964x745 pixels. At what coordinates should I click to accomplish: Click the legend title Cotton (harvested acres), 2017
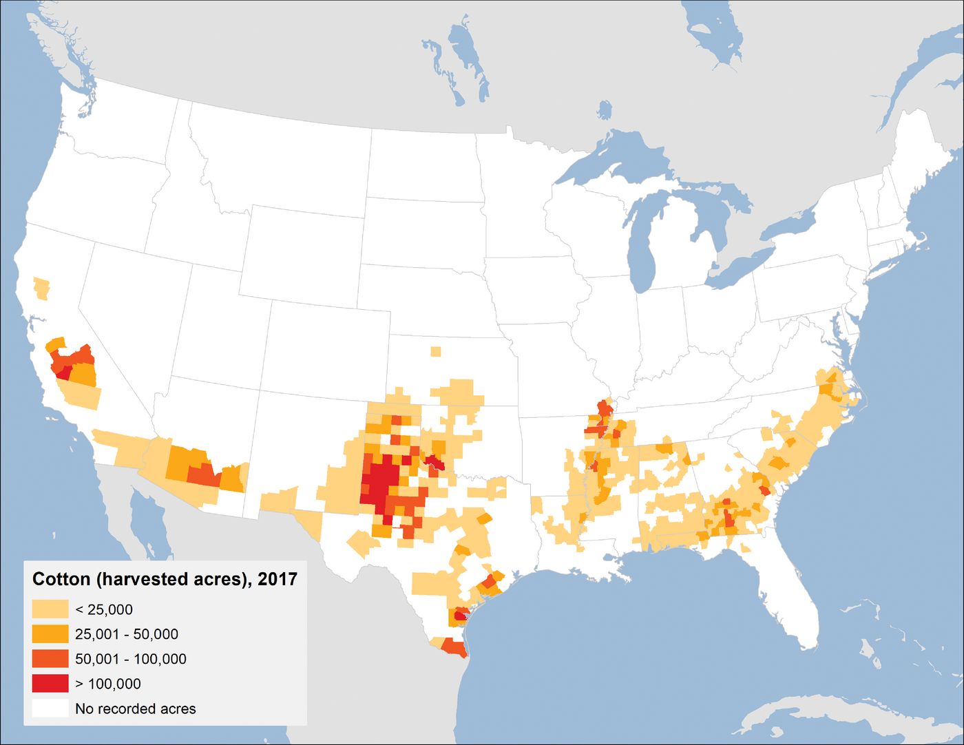(165, 579)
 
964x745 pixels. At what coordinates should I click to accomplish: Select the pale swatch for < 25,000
(50, 609)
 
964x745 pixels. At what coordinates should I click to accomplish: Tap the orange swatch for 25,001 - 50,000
(50, 634)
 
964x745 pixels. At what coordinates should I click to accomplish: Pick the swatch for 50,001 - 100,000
(50, 659)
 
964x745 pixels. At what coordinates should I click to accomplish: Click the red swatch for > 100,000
(50, 684)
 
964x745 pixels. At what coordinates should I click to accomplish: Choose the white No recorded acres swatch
(50, 709)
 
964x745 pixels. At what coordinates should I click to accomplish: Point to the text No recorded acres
(135, 709)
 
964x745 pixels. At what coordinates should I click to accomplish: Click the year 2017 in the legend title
(277, 579)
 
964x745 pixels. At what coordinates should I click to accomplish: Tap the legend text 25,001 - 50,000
(127, 634)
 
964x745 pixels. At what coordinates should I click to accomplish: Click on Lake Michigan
(643, 241)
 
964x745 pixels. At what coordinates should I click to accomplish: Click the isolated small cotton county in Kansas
(435, 352)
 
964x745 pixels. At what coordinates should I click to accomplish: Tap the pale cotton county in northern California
(42, 288)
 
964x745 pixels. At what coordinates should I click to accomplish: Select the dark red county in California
(63, 373)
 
